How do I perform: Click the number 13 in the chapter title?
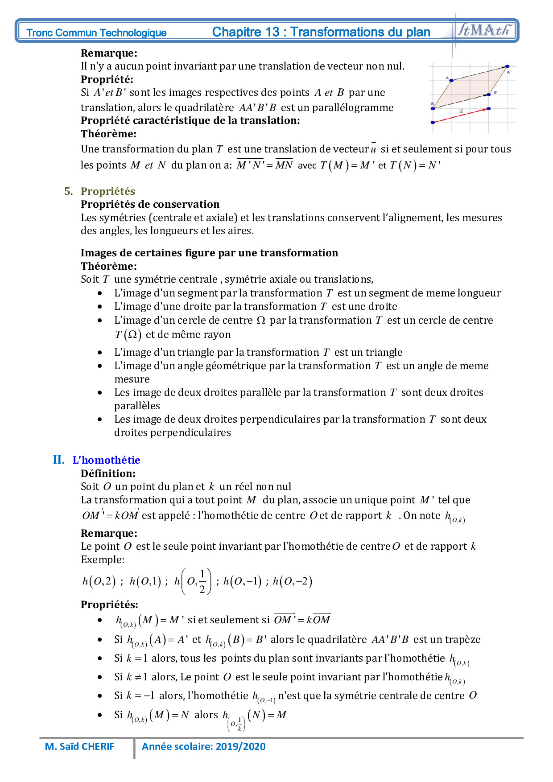272,32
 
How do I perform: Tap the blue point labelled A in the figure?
451,81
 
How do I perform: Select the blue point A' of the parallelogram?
507,66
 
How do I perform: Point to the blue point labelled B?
433,107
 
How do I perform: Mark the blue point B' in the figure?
489,95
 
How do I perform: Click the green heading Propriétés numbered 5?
107,191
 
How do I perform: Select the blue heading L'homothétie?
106,460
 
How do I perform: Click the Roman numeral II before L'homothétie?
58,460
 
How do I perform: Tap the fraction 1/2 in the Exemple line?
202,581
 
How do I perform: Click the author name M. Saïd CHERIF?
80,746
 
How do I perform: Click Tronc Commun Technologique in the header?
96,33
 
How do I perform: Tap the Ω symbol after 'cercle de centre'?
261,320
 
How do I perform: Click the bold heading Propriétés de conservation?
150,204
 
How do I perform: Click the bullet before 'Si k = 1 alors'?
99,659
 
